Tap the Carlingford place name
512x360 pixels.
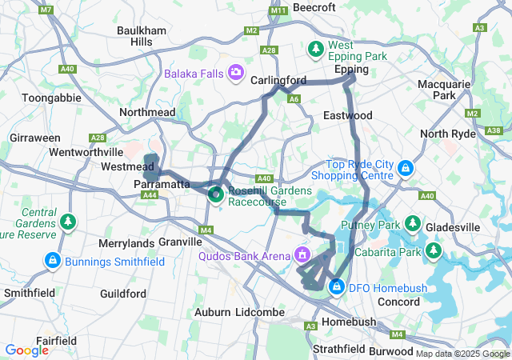click(278, 80)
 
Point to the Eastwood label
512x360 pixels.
click(347, 115)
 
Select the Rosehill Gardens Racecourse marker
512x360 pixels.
click(215, 194)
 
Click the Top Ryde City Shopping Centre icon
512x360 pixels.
click(406, 169)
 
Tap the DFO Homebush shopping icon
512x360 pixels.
click(338, 286)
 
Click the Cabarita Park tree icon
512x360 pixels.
click(434, 252)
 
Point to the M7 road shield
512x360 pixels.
click(46, 10)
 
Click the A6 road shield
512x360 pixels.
click(294, 99)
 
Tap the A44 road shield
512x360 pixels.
click(149, 194)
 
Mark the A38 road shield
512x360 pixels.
click(494, 130)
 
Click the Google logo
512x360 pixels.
click(26, 350)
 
